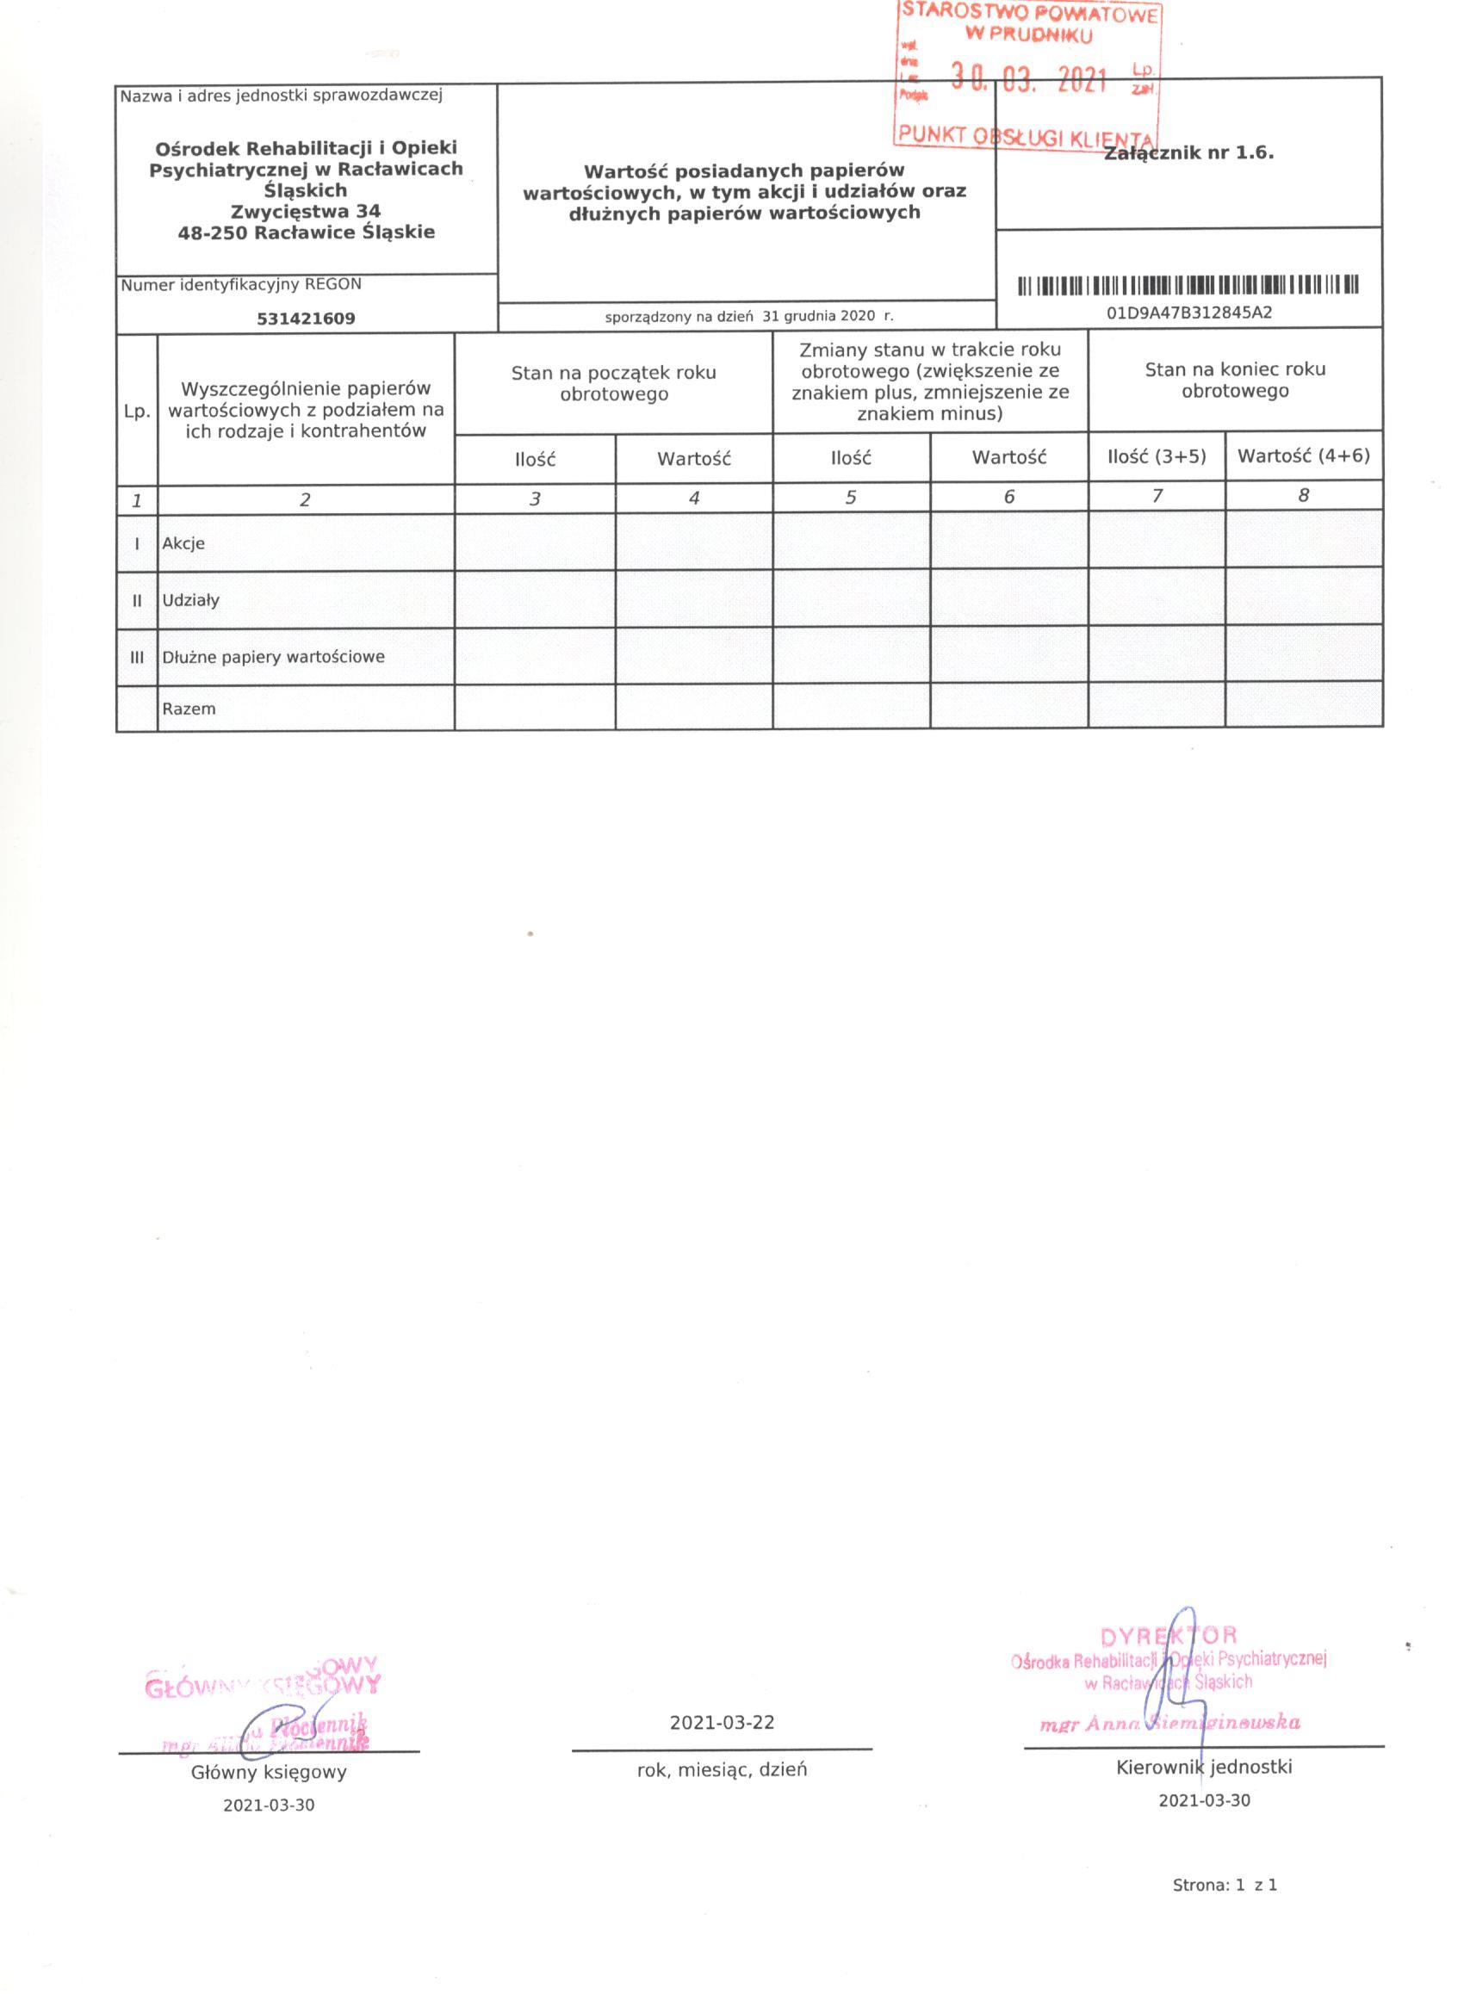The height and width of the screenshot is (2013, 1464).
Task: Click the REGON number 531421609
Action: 306,319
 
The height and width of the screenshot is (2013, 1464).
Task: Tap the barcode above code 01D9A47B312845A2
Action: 1188,286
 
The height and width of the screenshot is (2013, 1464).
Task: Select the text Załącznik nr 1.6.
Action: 1189,153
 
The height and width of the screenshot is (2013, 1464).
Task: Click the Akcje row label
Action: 183,543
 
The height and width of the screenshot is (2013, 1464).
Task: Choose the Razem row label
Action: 189,709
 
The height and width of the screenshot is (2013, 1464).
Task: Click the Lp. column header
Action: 137,412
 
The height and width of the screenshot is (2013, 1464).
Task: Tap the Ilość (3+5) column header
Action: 1157,456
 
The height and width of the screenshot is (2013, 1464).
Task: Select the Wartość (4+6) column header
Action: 1303,456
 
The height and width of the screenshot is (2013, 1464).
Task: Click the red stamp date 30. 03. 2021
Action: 1029,82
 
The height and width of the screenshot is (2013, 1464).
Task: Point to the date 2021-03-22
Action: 722,1723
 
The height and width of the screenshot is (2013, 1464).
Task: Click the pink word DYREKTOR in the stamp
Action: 1168,1636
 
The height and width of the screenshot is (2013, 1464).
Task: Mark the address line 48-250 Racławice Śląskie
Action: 306,232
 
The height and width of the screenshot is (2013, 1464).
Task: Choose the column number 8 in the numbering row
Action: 1303,496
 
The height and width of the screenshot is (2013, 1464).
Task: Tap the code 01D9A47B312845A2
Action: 1188,313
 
